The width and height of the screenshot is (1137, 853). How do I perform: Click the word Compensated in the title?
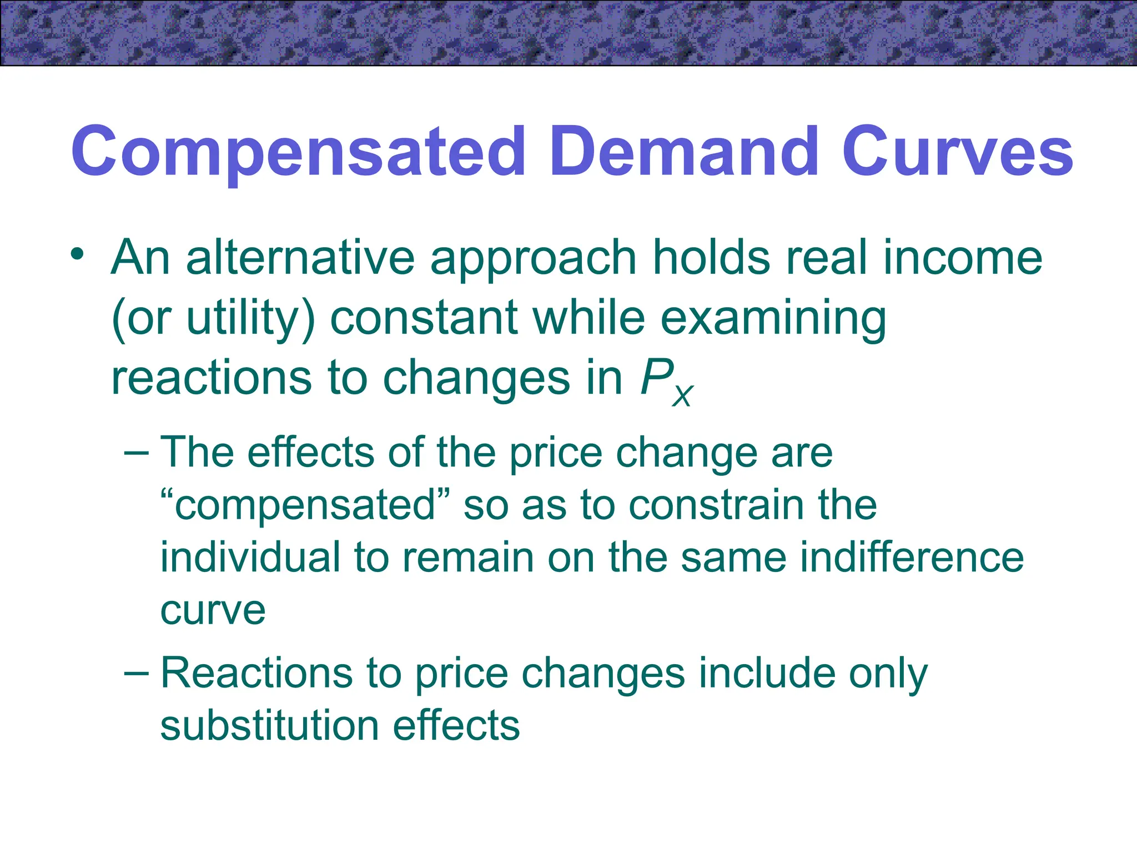[298, 152]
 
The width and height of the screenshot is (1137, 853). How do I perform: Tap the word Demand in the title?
[684, 152]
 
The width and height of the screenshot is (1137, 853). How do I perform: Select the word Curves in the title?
[957, 152]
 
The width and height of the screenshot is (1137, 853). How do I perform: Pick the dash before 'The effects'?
[137, 453]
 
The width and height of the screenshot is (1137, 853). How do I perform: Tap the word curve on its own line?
[213, 610]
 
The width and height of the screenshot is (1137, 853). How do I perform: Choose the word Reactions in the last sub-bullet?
[256, 673]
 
